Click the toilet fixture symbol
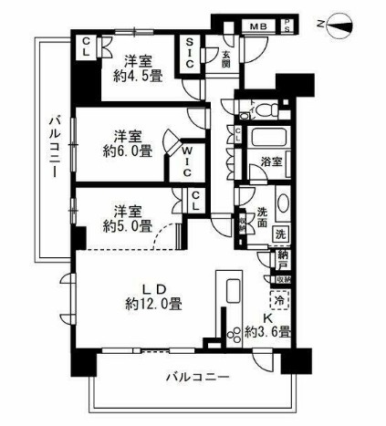265,111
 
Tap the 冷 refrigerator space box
279,299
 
